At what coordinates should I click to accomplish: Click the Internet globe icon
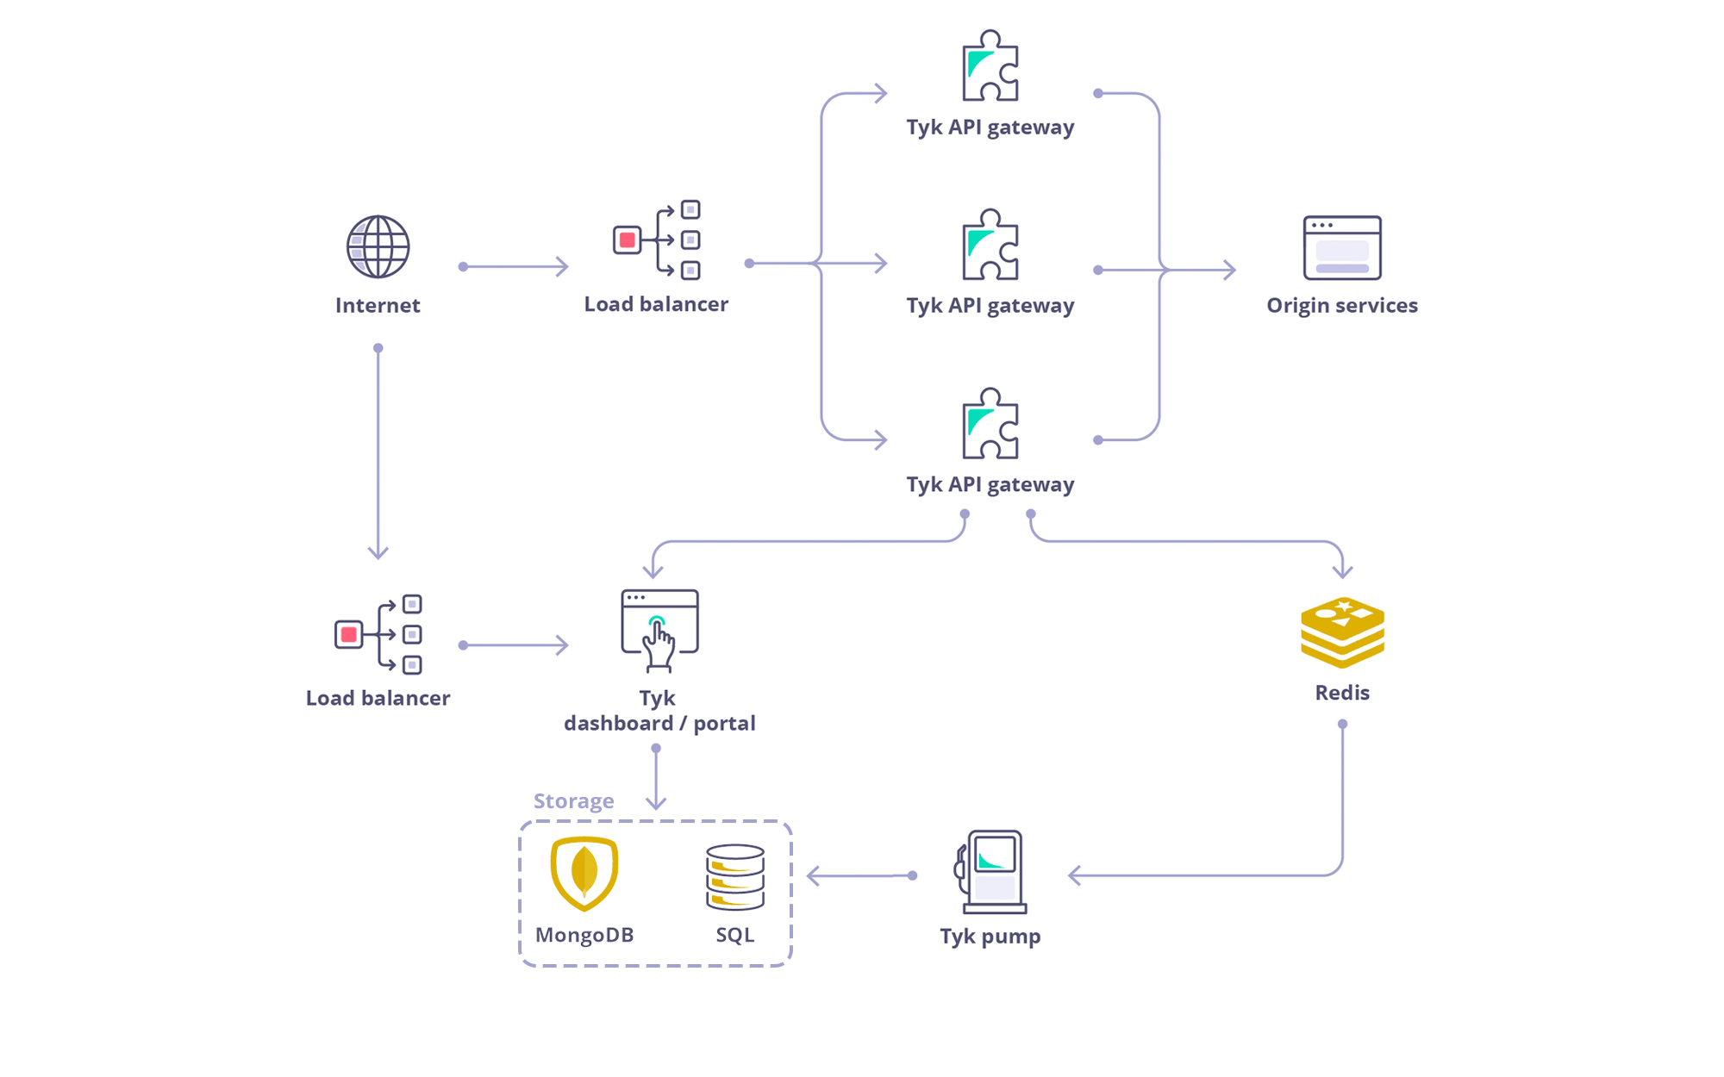(x=378, y=246)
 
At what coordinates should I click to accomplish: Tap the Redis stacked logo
(x=1342, y=632)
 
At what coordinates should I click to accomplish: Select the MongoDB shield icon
(x=584, y=874)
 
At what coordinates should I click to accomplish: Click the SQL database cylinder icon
(x=735, y=877)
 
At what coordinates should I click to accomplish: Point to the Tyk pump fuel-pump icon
(x=991, y=871)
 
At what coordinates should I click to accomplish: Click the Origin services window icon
(x=1342, y=247)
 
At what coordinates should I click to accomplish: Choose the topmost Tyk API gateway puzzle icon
(x=990, y=65)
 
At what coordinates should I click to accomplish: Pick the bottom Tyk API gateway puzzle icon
(x=990, y=423)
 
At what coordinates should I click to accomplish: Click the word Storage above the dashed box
(x=573, y=801)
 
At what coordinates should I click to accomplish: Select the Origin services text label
(x=1342, y=305)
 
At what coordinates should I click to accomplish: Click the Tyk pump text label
(x=990, y=937)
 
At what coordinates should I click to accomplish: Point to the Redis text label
(x=1342, y=693)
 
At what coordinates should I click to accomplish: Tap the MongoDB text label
(x=584, y=935)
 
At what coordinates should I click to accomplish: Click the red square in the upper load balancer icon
(x=628, y=240)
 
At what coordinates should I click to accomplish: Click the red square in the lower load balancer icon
(x=349, y=635)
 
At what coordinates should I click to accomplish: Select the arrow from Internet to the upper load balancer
(x=515, y=267)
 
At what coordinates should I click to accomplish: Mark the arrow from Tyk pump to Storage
(x=861, y=876)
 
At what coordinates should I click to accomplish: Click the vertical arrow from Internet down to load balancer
(x=378, y=452)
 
